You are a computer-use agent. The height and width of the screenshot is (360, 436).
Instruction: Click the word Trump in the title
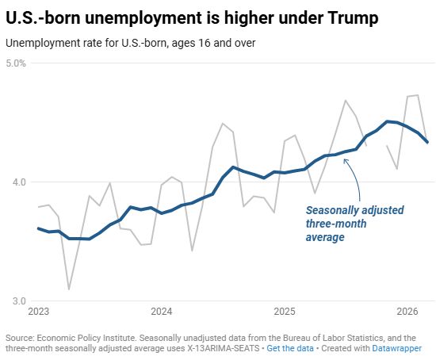pos(353,18)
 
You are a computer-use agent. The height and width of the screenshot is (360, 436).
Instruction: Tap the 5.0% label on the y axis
pos(16,63)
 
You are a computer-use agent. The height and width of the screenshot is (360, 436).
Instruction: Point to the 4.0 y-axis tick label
pos(19,182)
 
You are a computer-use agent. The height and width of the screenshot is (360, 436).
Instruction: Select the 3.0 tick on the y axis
pos(19,301)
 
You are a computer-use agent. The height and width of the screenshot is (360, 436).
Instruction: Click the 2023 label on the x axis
pos(39,312)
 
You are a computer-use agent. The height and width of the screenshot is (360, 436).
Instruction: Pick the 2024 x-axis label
pos(162,312)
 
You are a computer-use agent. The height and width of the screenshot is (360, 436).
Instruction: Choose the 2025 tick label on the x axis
pos(285,312)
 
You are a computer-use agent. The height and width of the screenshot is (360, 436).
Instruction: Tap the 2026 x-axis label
pos(407,312)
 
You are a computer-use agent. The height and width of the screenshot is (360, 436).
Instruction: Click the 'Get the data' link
pos(290,348)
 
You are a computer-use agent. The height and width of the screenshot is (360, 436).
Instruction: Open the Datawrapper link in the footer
pos(397,348)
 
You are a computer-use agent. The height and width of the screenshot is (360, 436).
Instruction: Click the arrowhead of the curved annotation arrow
pos(345,160)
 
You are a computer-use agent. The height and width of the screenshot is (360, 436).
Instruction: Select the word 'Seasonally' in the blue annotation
pos(329,211)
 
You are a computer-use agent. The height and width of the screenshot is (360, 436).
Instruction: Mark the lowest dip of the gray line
pos(69,289)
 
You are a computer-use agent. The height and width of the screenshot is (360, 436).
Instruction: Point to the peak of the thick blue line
pos(387,121)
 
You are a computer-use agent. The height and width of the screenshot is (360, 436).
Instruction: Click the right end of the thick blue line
pos(427,142)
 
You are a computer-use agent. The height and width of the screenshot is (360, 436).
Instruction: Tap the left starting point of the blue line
pos(39,228)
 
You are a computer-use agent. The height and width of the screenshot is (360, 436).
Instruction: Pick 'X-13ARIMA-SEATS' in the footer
pos(222,348)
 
